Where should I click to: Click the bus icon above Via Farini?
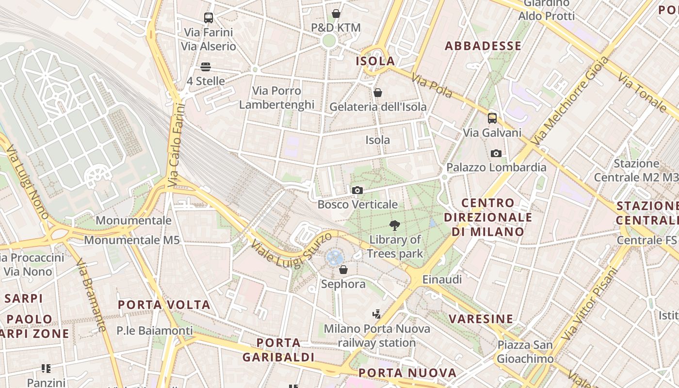click(209, 18)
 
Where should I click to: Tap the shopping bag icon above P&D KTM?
click(336, 14)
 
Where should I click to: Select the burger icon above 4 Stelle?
click(206, 67)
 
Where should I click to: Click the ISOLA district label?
click(375, 61)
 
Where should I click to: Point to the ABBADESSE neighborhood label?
click(483, 46)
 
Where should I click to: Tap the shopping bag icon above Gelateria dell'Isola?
click(378, 92)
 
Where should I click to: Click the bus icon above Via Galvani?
click(492, 118)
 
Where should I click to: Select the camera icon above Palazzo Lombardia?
click(496, 153)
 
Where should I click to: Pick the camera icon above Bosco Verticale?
click(357, 190)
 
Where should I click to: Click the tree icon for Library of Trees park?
click(395, 225)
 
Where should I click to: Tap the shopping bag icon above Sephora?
click(343, 269)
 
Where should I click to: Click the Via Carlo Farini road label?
click(176, 145)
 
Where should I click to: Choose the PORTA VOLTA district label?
click(164, 305)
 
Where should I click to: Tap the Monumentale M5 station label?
click(132, 240)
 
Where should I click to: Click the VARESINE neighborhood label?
click(481, 319)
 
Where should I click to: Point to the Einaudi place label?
click(442, 279)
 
